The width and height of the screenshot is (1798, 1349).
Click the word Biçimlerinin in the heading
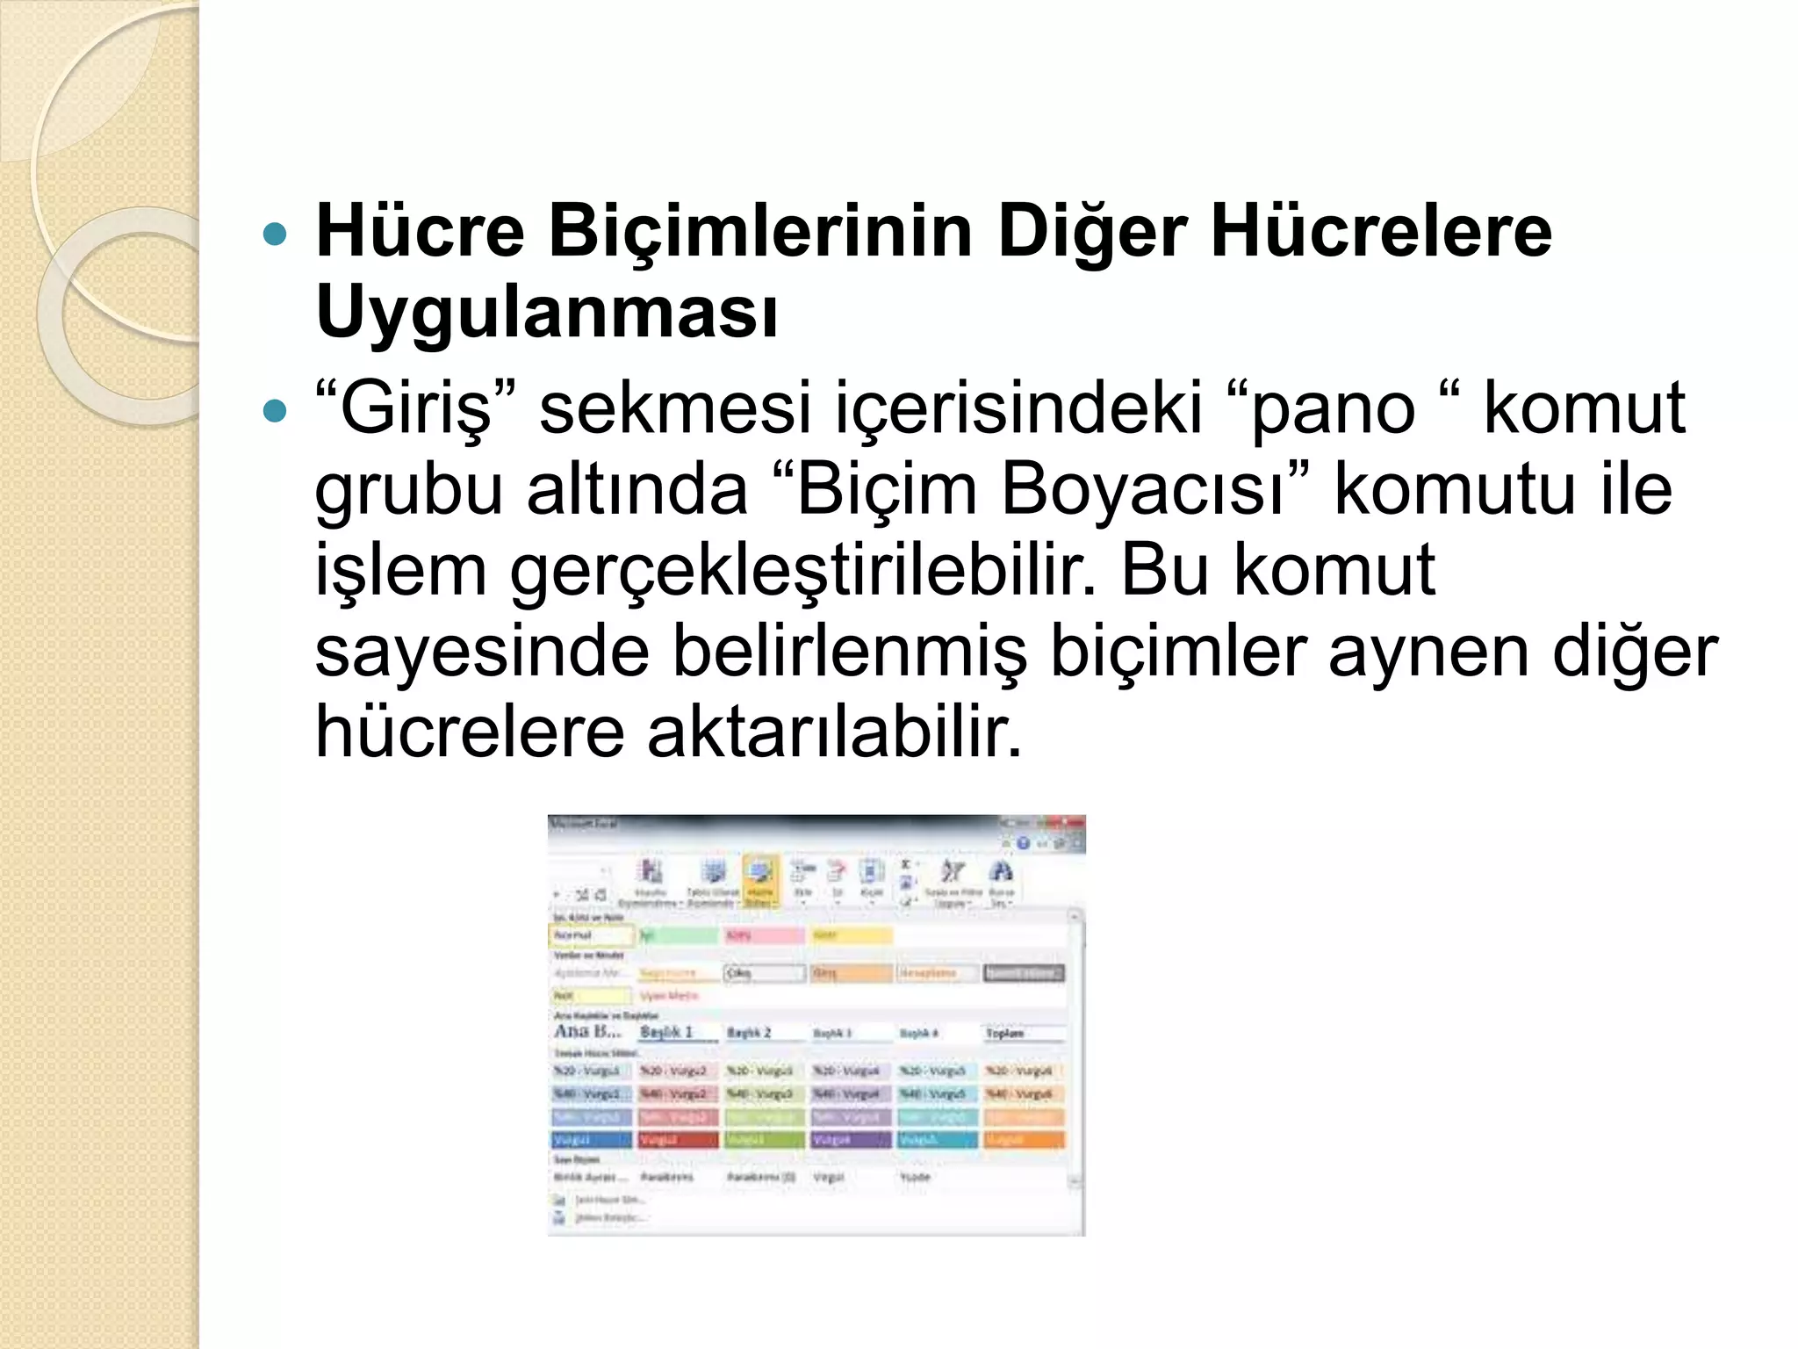click(x=760, y=232)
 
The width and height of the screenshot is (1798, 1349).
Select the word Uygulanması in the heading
click(x=546, y=313)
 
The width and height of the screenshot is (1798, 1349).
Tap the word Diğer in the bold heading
click(x=1092, y=232)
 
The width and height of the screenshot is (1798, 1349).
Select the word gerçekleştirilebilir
click(x=803, y=571)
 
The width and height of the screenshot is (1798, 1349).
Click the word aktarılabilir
click(x=834, y=732)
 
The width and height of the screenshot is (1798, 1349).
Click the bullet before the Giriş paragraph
click(x=275, y=410)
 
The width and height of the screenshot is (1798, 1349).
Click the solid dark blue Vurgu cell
click(x=591, y=1140)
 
